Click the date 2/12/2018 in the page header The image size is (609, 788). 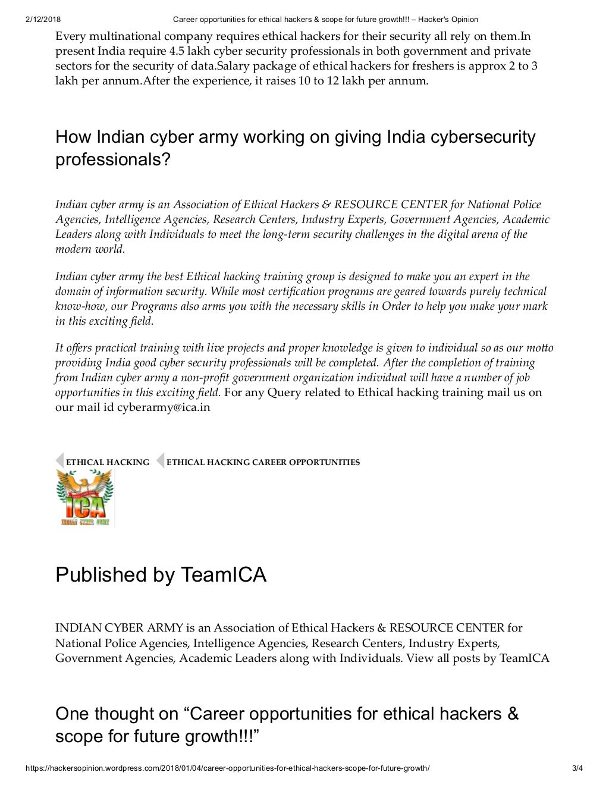tap(43, 19)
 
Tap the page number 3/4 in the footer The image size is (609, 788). tap(577, 768)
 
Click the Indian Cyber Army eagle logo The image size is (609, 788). tap(84, 498)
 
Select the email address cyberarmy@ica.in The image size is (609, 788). tap(164, 407)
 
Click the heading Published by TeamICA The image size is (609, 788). tap(161, 574)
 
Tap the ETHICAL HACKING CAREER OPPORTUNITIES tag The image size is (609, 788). tap(263, 462)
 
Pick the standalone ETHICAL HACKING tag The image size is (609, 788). tap(108, 462)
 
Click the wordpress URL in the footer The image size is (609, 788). tap(227, 768)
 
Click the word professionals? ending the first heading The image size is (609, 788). tap(113, 159)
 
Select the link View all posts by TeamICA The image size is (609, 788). tap(478, 658)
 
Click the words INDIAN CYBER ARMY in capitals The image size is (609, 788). tap(119, 627)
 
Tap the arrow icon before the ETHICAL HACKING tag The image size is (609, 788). tap(59, 461)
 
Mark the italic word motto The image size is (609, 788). tap(539, 348)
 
